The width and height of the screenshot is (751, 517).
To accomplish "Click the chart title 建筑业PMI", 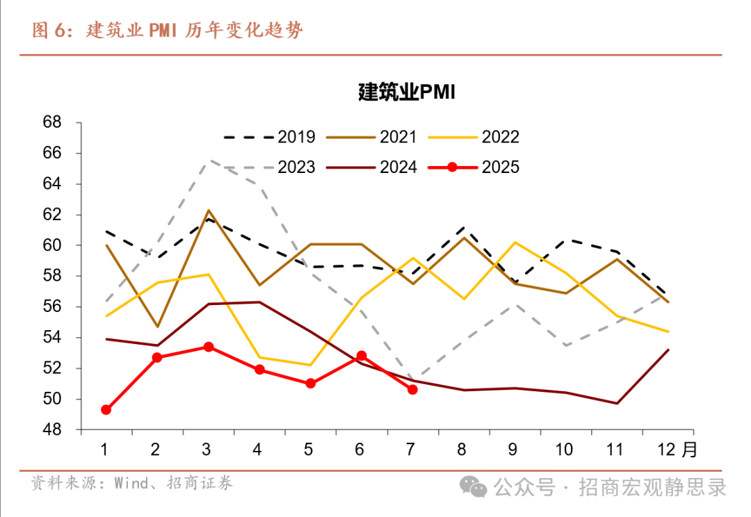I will tap(407, 92).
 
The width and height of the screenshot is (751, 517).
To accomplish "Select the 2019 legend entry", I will tap(296, 137).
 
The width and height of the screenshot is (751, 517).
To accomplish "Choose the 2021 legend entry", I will tap(398, 137).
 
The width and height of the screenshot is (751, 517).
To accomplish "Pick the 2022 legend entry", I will tap(500, 137).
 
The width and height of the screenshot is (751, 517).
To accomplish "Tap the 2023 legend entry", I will tap(296, 167).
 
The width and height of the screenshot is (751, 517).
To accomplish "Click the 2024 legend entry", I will tap(398, 167).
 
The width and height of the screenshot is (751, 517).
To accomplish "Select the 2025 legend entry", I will tap(500, 167).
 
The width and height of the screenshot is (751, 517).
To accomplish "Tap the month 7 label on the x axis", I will tap(411, 450).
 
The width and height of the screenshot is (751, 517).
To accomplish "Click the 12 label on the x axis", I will tap(665, 450).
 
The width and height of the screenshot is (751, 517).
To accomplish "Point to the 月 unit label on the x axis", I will tap(688, 450).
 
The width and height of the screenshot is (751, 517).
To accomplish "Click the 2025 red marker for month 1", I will tap(106, 410).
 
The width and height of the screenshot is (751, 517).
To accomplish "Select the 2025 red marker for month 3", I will tap(208, 347).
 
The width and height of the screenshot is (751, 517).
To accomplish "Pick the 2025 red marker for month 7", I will tap(412, 390).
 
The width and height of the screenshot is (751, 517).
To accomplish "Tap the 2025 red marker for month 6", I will tap(361, 356).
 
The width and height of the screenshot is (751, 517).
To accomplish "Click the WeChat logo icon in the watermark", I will tap(477, 488).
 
